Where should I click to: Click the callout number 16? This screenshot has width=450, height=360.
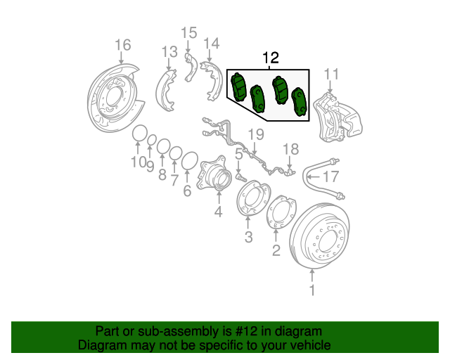point(122,46)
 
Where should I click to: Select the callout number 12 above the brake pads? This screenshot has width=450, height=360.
point(271,58)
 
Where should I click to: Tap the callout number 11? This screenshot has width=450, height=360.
point(331,74)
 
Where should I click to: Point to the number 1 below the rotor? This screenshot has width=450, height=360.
point(313,288)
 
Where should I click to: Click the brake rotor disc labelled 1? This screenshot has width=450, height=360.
point(325,239)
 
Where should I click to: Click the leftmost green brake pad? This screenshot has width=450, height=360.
point(238,88)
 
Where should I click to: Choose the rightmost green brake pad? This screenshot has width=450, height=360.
point(300,102)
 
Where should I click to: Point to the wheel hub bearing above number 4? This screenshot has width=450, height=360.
point(213,177)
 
